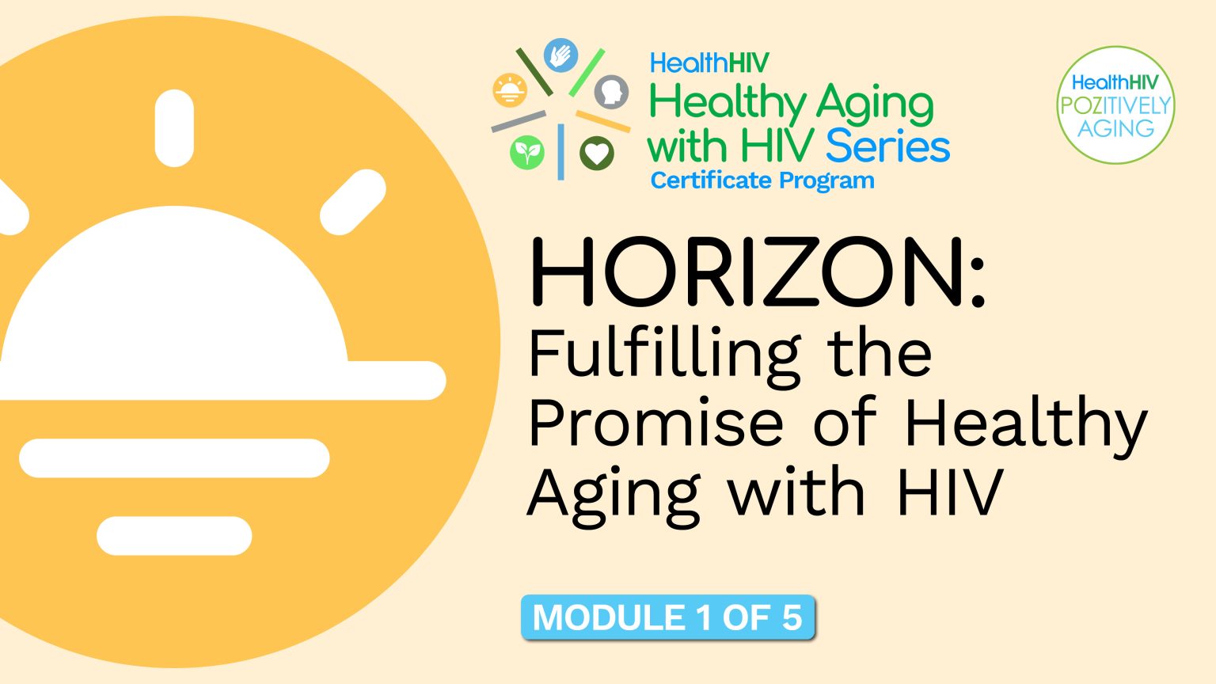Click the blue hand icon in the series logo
point(561,55)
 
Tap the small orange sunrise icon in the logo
point(510,90)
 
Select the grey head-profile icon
point(611,92)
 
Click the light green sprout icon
point(527,152)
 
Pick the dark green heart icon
point(596,153)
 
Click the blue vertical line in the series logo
point(561,151)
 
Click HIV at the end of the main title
point(949,492)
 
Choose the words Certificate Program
point(762,180)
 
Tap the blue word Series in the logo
point(887,146)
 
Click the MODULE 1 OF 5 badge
point(667,617)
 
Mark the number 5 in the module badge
point(792,617)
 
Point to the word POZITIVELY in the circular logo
point(1115,105)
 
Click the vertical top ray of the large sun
point(174,128)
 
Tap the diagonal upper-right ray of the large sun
point(353,202)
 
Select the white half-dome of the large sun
point(174,301)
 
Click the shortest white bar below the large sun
point(174,536)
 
